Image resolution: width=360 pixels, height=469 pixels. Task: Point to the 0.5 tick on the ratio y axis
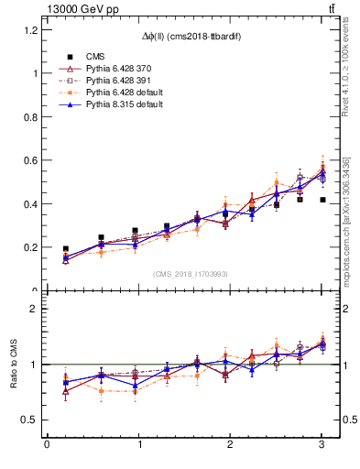pos(31,420)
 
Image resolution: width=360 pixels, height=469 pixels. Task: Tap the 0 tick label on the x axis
pos(47,444)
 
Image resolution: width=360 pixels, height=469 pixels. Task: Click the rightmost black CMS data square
pos(322,200)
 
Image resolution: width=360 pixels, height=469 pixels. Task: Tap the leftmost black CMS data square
pos(65,248)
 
